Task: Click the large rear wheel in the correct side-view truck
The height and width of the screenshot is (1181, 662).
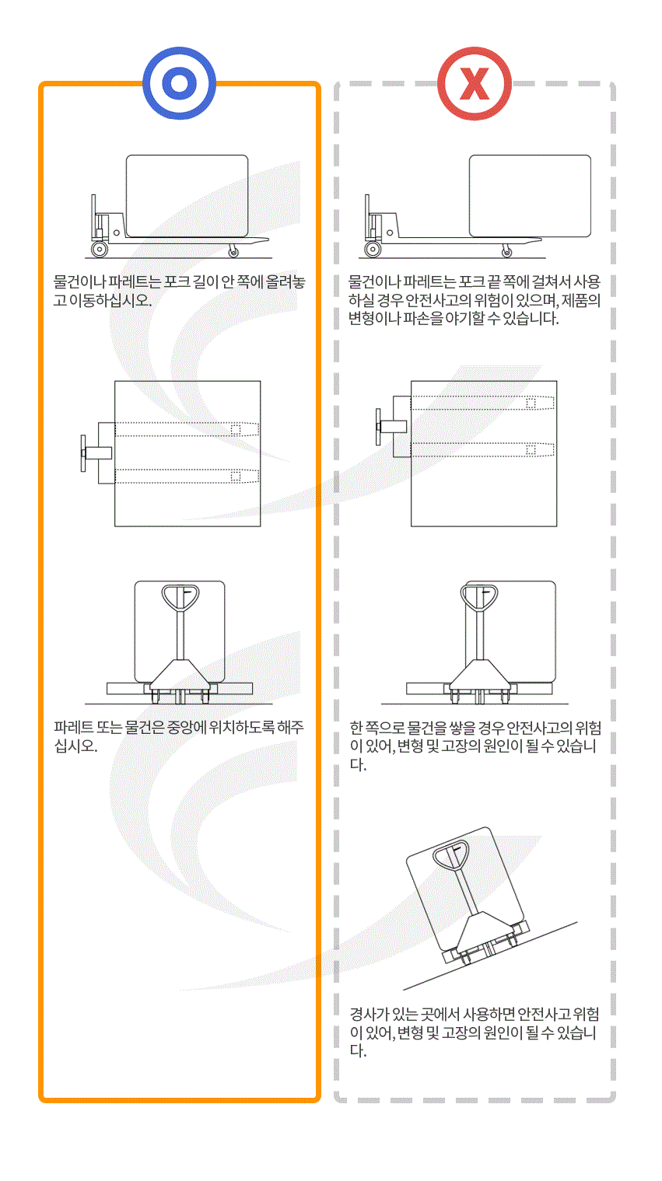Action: (x=100, y=250)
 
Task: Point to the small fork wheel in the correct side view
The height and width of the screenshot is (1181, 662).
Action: (x=233, y=251)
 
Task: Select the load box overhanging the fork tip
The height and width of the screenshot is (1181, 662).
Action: (x=530, y=195)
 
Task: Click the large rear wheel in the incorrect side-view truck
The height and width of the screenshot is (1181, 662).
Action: (x=373, y=250)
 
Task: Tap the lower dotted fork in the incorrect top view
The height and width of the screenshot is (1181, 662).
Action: (x=482, y=449)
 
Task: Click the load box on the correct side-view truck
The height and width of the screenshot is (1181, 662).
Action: (x=187, y=195)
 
